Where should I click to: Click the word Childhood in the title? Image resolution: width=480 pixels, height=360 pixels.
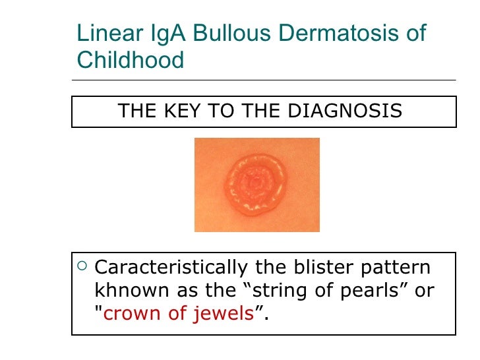(x=131, y=60)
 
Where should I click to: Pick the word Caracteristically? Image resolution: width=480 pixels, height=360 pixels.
(x=171, y=268)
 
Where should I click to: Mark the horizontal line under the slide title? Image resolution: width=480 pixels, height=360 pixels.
(x=264, y=81)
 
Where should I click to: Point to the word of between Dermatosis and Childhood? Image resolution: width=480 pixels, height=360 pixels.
(x=415, y=34)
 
